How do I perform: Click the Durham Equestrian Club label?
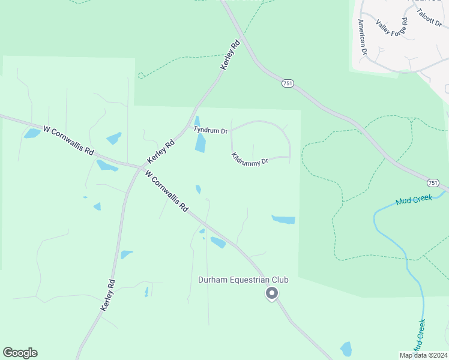[x=243, y=280]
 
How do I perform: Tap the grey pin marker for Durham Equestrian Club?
[x=272, y=293]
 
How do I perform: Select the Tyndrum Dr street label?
[x=210, y=130]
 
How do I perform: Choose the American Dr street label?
[x=362, y=37]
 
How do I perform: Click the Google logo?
[x=20, y=353]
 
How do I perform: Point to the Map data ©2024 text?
[x=423, y=355]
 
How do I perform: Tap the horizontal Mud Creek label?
[x=414, y=200]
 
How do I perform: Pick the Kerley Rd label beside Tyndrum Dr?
[x=161, y=152]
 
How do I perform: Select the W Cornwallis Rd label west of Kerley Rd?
[x=68, y=139]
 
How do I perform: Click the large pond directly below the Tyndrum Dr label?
[x=200, y=142]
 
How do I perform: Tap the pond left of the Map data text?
[x=346, y=349]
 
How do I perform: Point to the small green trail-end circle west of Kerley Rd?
[x=141, y=76]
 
